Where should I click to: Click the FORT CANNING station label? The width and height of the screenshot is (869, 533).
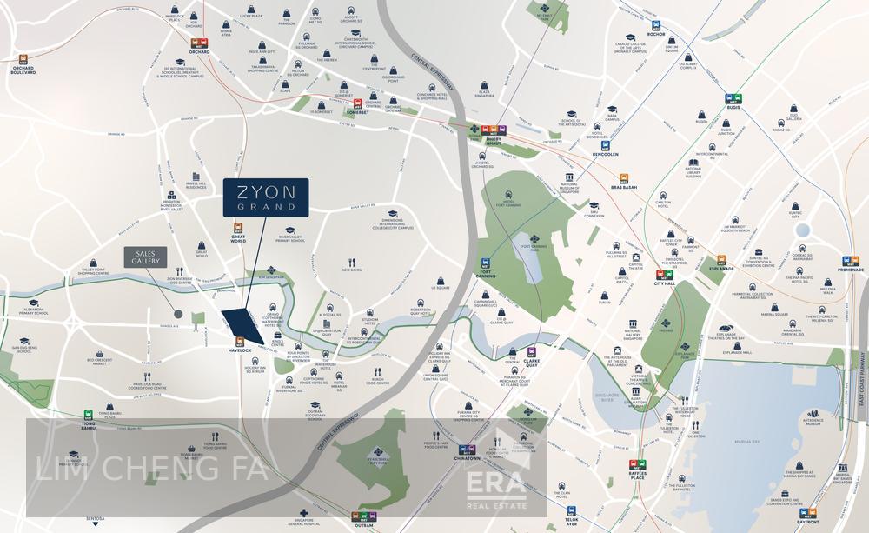point(487,276)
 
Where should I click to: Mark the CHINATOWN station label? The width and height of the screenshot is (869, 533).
point(467,457)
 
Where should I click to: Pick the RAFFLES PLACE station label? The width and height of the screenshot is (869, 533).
point(638,477)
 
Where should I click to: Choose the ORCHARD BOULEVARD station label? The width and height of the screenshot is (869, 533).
point(23,72)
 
